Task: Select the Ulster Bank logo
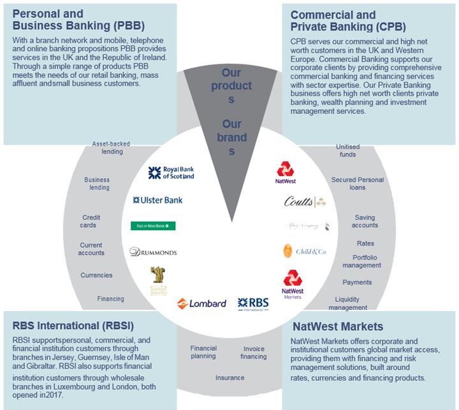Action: point(157,200)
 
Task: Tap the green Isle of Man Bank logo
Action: point(153,226)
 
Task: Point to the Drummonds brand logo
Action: point(153,253)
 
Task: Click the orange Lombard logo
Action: point(201,304)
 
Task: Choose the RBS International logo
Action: point(253,304)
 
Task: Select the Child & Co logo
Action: point(305,251)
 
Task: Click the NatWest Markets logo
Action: point(293,284)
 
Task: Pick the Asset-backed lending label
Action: point(108,148)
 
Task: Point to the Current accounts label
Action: point(91,249)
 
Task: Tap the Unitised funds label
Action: point(347,150)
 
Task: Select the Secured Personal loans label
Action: point(358,184)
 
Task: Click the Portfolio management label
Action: point(361,261)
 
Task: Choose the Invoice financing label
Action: point(253,353)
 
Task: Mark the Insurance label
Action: point(229,377)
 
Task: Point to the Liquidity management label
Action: point(347,304)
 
